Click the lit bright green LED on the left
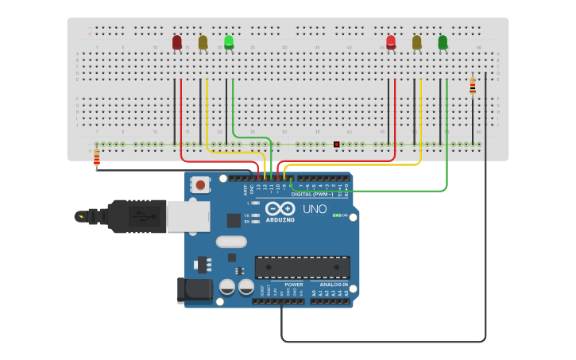(x=229, y=41)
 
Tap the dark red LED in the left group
(x=177, y=41)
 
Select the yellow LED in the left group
(x=203, y=41)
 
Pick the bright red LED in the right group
(x=391, y=41)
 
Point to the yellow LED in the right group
(x=417, y=41)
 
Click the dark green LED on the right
(x=443, y=41)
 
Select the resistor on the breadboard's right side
(x=473, y=86)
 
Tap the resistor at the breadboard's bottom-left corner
(x=97, y=157)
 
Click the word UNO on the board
(x=315, y=209)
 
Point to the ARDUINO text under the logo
(x=280, y=219)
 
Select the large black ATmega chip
(x=302, y=267)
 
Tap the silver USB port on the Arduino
(x=188, y=216)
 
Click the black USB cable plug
(x=135, y=216)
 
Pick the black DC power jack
(x=194, y=290)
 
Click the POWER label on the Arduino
(x=294, y=284)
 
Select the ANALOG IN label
(x=334, y=284)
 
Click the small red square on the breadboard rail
(x=337, y=144)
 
